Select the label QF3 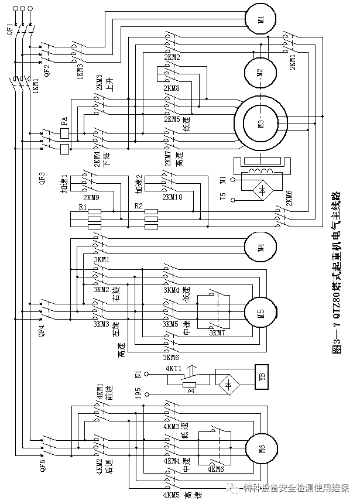click(x=41, y=178)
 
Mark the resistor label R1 click(x=83, y=208)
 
